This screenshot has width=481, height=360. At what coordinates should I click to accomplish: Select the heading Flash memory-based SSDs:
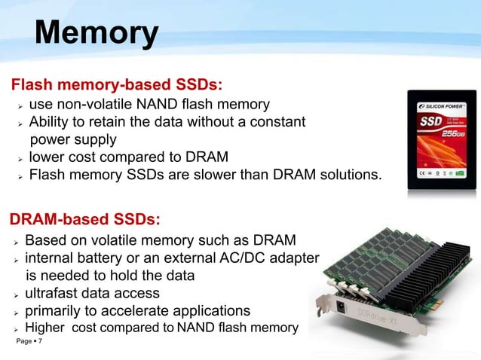point(115,81)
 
